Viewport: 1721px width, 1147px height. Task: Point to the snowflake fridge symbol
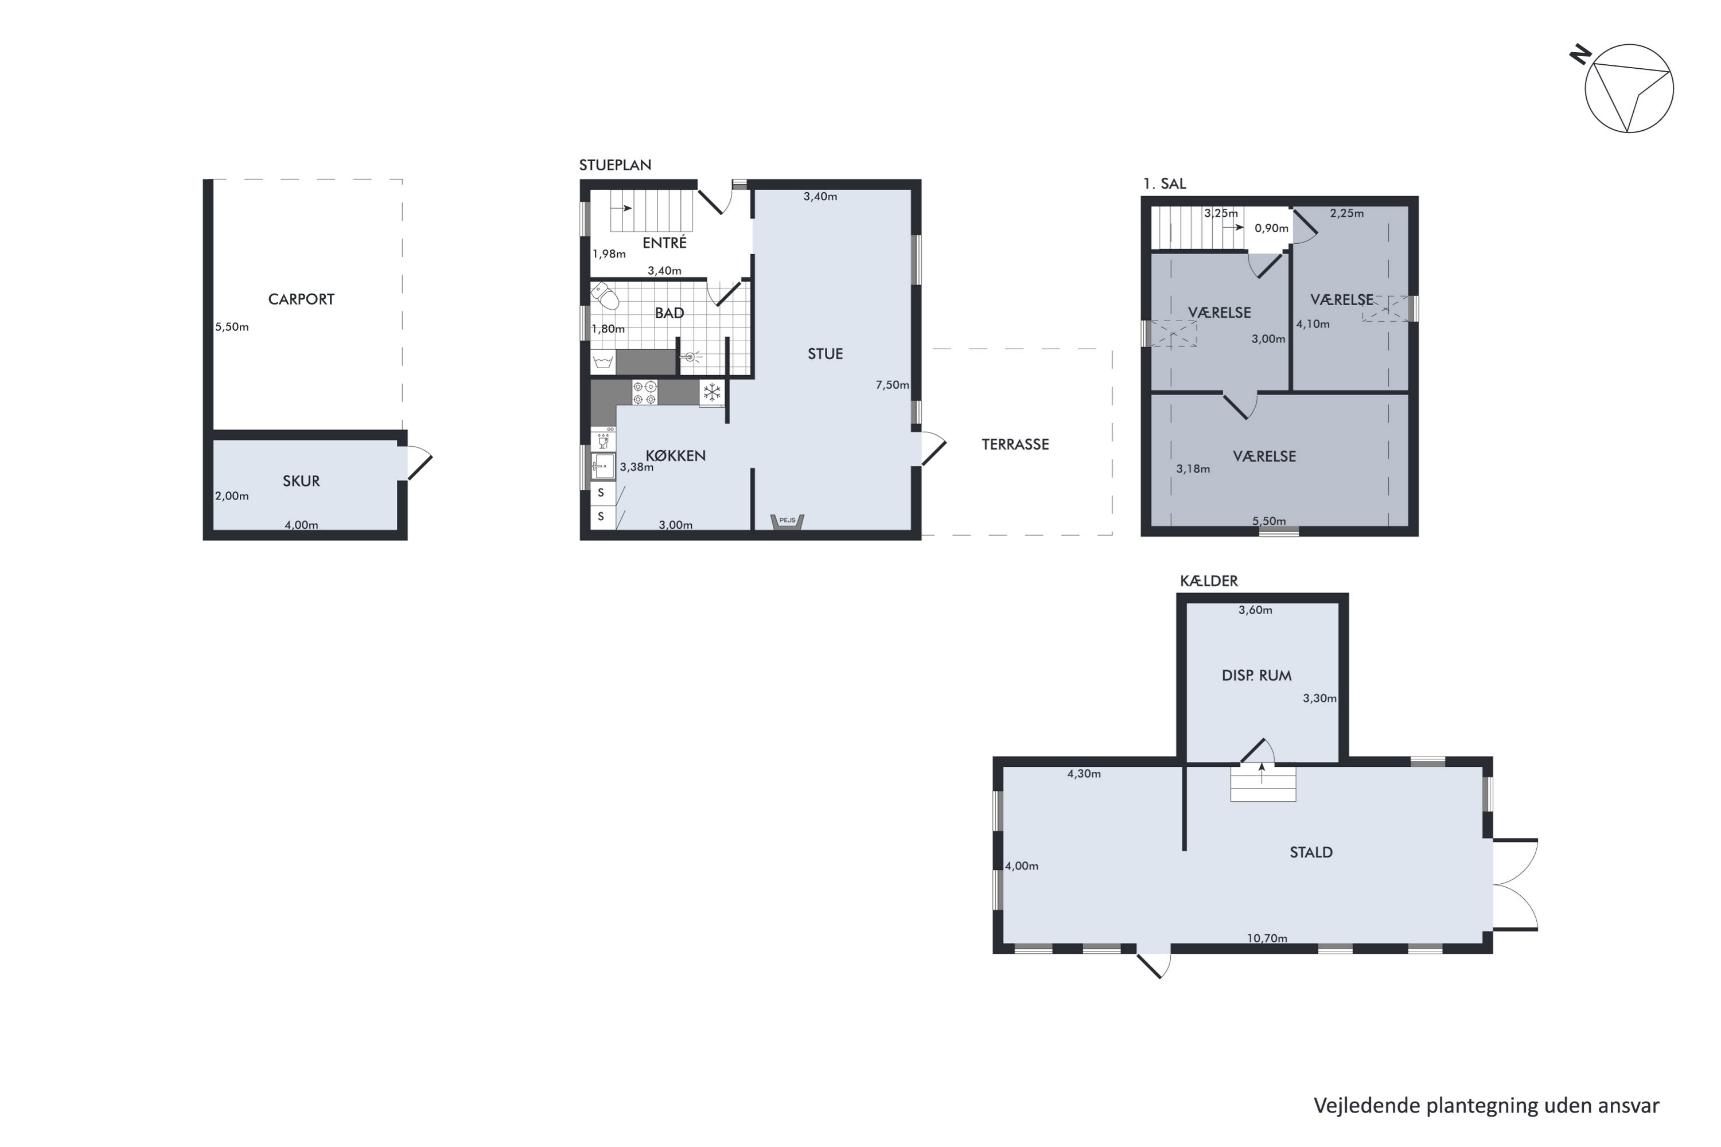tap(711, 393)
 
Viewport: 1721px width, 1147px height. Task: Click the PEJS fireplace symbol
tap(787, 521)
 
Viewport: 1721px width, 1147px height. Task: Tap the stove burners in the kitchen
tap(645, 392)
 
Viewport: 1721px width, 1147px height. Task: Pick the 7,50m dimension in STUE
tap(892, 385)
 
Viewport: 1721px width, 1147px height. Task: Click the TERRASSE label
tap(1015, 444)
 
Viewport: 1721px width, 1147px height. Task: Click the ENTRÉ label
tap(664, 242)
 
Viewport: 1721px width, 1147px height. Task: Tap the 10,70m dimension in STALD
tap(1267, 938)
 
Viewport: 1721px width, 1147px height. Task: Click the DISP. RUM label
tap(1256, 675)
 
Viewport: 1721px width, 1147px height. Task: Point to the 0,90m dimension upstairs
tap(1271, 228)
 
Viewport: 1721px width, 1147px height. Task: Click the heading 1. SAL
tap(1164, 184)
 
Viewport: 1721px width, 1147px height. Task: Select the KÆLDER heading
tap(1209, 581)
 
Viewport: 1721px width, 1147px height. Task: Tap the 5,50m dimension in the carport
tap(232, 327)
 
